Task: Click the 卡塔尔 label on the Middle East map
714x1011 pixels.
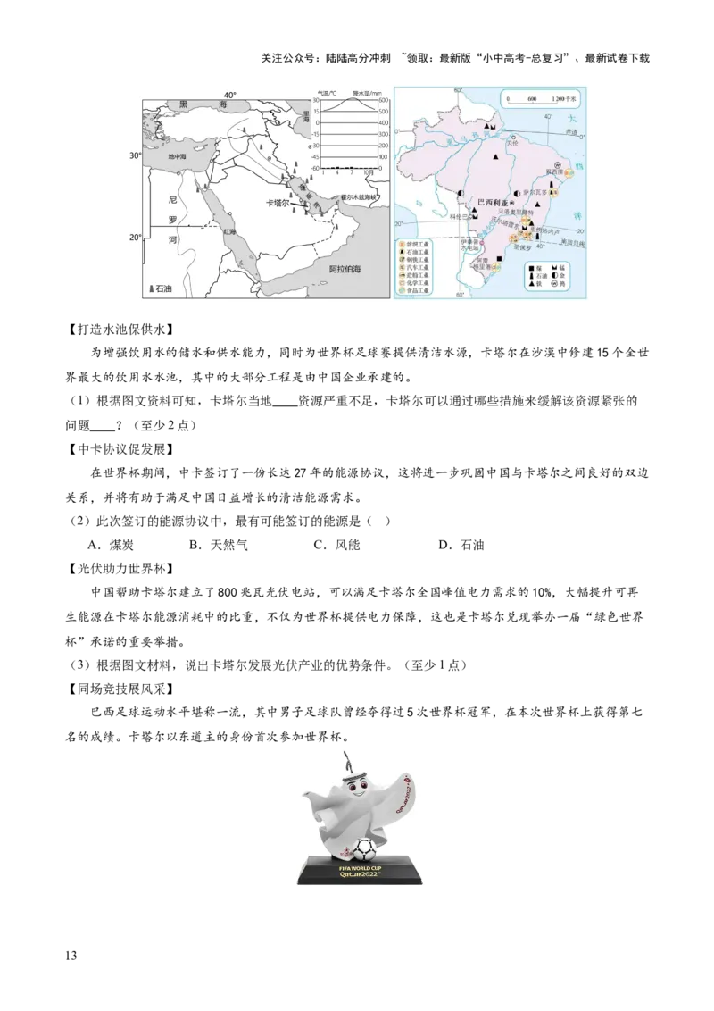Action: tap(279, 204)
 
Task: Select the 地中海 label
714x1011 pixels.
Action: tap(178, 156)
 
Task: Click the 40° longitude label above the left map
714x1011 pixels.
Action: tap(230, 96)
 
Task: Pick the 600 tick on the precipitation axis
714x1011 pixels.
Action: tap(384, 101)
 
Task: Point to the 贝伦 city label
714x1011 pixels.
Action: tap(512, 140)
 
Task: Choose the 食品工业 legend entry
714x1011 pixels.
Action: tap(418, 291)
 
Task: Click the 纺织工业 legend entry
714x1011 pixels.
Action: tap(418, 243)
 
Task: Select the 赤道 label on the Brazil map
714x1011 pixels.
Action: tap(573, 131)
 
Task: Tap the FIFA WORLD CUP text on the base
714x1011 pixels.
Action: tap(357, 865)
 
